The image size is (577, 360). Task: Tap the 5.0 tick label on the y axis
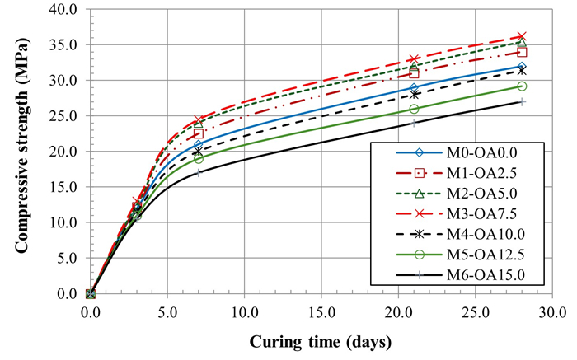[x=67, y=259]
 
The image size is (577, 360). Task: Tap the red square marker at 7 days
[x=199, y=133]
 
